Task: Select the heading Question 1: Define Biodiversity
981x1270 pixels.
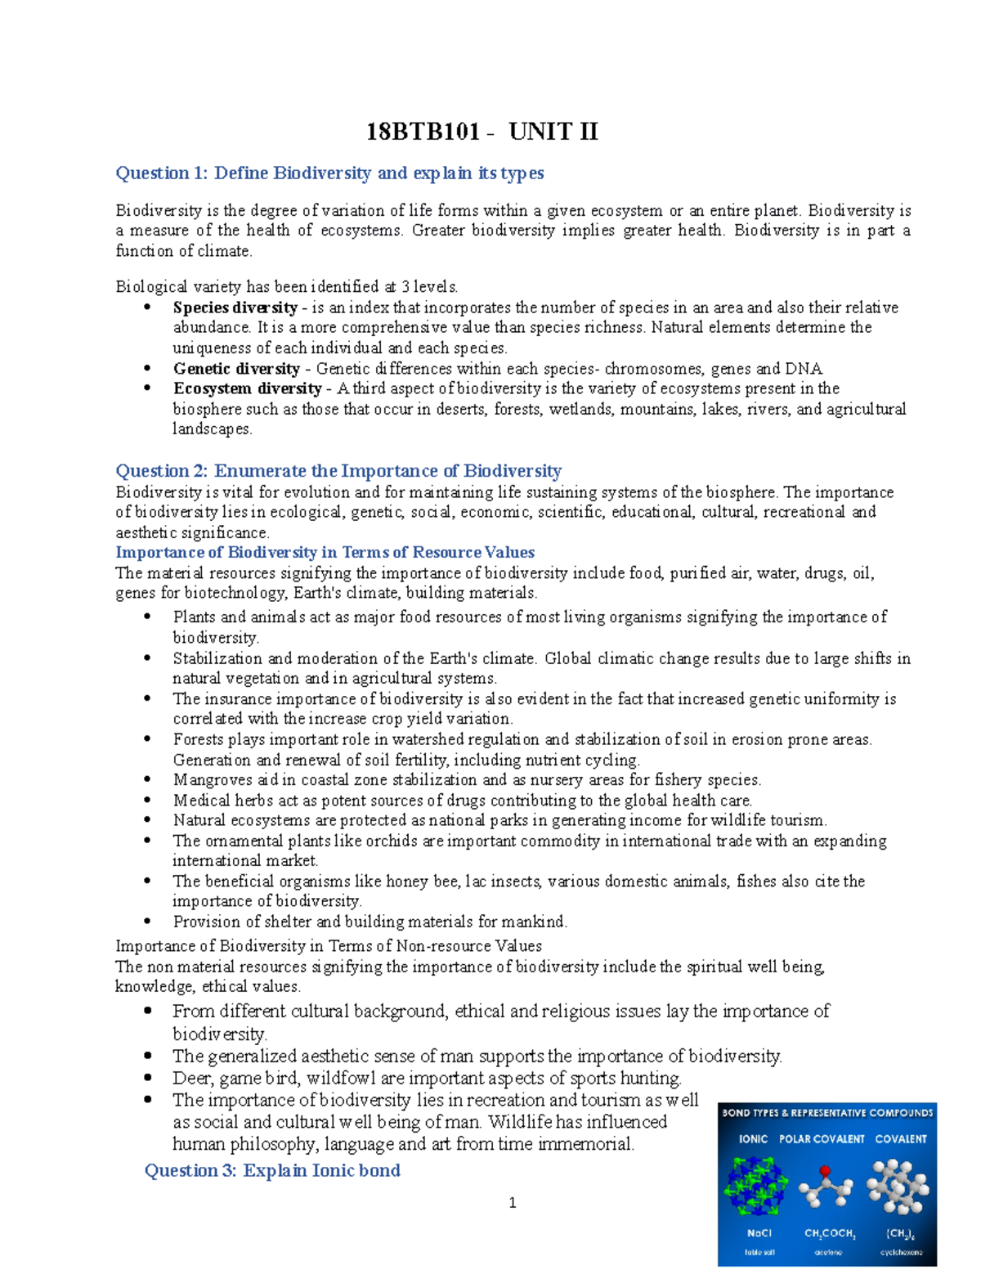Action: point(329,173)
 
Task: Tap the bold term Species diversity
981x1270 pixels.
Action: point(235,307)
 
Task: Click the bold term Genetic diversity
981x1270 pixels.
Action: point(236,369)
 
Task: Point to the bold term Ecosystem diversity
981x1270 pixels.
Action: point(247,388)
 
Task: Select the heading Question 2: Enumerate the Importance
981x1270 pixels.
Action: point(338,471)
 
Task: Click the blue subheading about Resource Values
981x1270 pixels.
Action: point(325,552)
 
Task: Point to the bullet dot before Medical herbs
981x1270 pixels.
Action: point(147,801)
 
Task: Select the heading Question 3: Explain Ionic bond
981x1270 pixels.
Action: point(272,1170)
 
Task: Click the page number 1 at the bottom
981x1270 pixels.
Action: point(513,1203)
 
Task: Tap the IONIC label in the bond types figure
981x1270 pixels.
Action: point(753,1139)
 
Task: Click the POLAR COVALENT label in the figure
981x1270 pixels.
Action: point(822,1139)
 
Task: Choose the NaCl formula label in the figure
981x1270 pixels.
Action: point(759,1233)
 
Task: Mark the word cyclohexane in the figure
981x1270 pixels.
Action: point(901,1252)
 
